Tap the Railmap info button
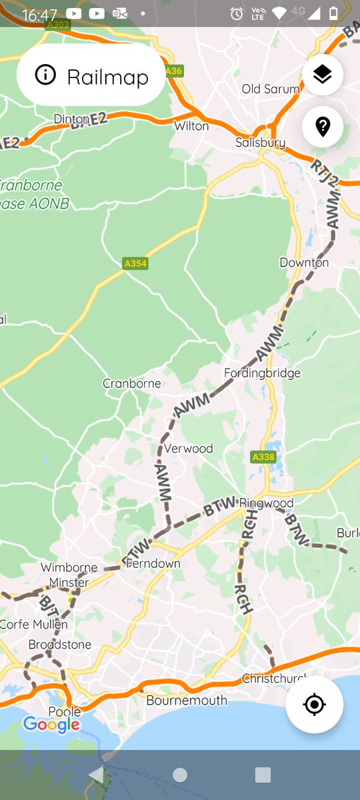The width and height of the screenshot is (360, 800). coord(91,76)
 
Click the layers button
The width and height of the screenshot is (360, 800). coord(323,75)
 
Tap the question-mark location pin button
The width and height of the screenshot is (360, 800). coord(323,126)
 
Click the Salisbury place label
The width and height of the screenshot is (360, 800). coord(260,143)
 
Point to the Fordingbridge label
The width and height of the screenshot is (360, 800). coord(262,373)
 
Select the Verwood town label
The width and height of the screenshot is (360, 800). coord(189,448)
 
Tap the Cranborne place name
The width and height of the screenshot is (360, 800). coord(132,383)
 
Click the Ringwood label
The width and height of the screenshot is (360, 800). coord(267,503)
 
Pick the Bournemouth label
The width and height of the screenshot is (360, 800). coord(187,700)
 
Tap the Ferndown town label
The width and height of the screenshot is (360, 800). coord(153,563)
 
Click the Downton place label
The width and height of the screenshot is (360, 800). coord(304,263)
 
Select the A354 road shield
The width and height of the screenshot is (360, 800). coord(135,263)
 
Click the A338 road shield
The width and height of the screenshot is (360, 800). coord(263,457)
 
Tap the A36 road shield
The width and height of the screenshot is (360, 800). coord(173,71)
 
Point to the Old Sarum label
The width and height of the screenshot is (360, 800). coord(271,89)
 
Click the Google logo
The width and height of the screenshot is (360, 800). coord(51,724)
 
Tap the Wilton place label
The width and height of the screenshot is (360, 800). coord(191,125)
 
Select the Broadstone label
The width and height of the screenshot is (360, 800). coord(60,645)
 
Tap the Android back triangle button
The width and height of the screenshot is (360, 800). coord(97,774)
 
